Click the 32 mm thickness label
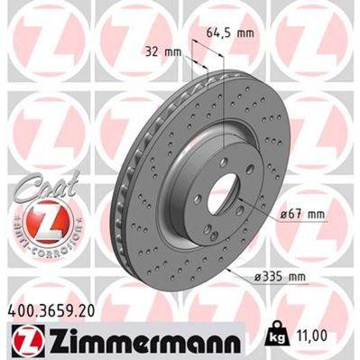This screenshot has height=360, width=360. [x=162, y=51]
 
